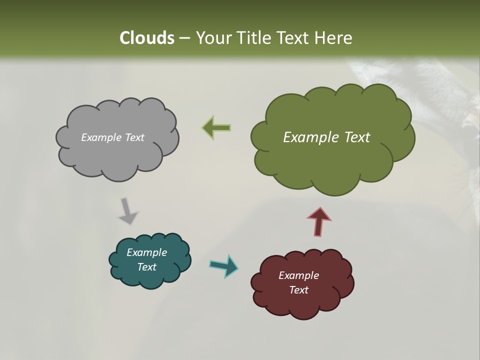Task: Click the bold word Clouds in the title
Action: (147, 38)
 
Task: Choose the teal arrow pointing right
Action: (223, 265)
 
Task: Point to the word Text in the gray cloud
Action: (134, 137)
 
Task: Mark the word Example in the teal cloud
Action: (146, 252)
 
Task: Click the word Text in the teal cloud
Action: (146, 267)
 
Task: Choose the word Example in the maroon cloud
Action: (298, 275)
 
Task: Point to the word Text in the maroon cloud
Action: (298, 290)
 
